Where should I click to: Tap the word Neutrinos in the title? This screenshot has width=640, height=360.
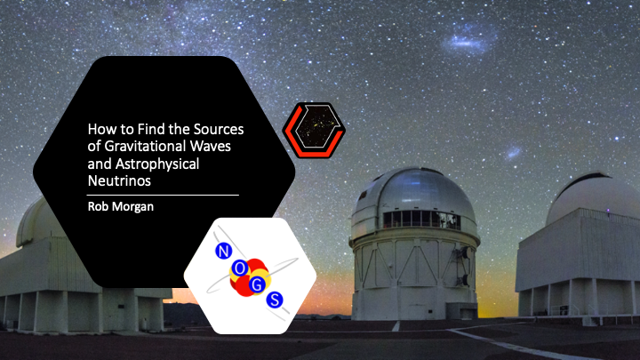pos(119,180)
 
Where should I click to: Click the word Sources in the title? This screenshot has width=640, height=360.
pos(219,129)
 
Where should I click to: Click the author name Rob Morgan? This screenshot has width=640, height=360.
pos(121,206)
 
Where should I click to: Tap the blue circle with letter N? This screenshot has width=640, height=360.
pos(223,251)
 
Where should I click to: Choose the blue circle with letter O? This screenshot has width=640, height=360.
pos(240,268)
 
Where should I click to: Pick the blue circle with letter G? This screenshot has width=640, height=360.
pos(257,285)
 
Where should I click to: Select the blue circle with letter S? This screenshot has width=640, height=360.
pos(275,300)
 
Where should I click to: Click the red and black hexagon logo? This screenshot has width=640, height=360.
pos(314,130)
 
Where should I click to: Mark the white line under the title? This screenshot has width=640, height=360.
pos(163,195)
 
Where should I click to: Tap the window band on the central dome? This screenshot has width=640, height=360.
pos(421,220)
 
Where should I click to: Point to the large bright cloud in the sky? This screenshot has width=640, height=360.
pos(468,42)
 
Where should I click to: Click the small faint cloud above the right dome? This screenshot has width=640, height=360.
pos(513,153)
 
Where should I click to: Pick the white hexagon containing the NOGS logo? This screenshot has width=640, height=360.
pos(250,276)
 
